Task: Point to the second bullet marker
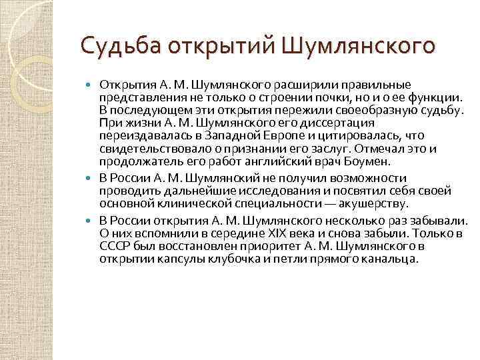pos(91,179)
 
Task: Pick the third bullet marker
pos(91,220)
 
